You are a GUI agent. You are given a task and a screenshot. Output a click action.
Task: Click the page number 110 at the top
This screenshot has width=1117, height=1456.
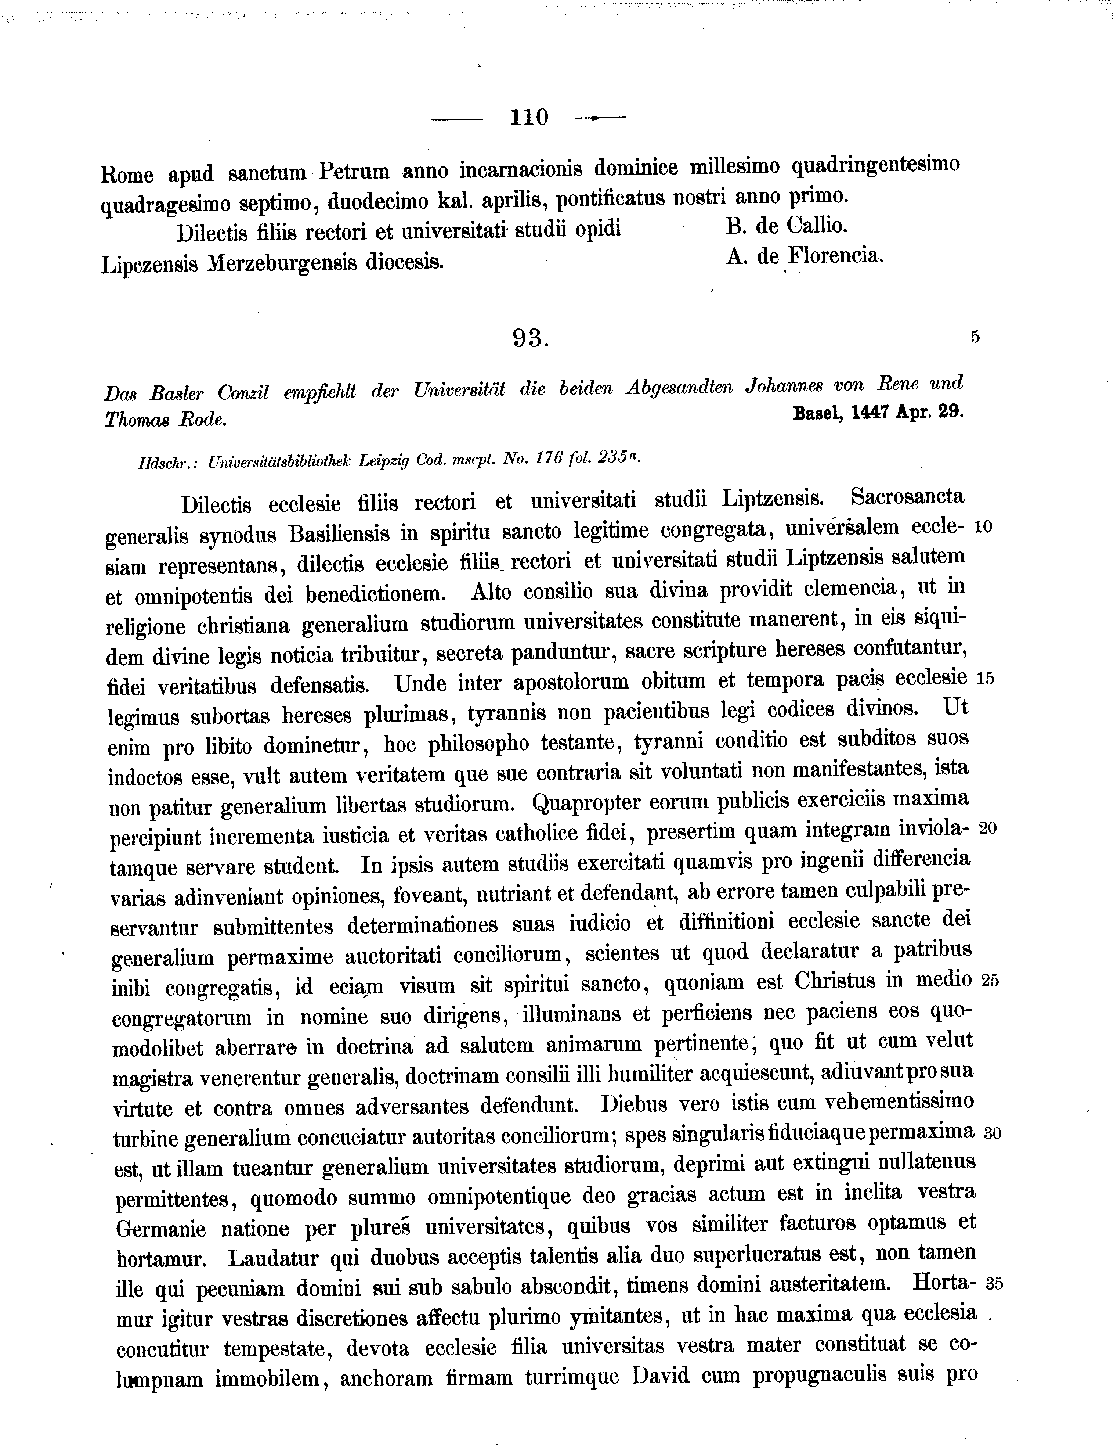529,118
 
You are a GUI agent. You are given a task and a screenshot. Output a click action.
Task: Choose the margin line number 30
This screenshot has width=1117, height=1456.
992,1133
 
